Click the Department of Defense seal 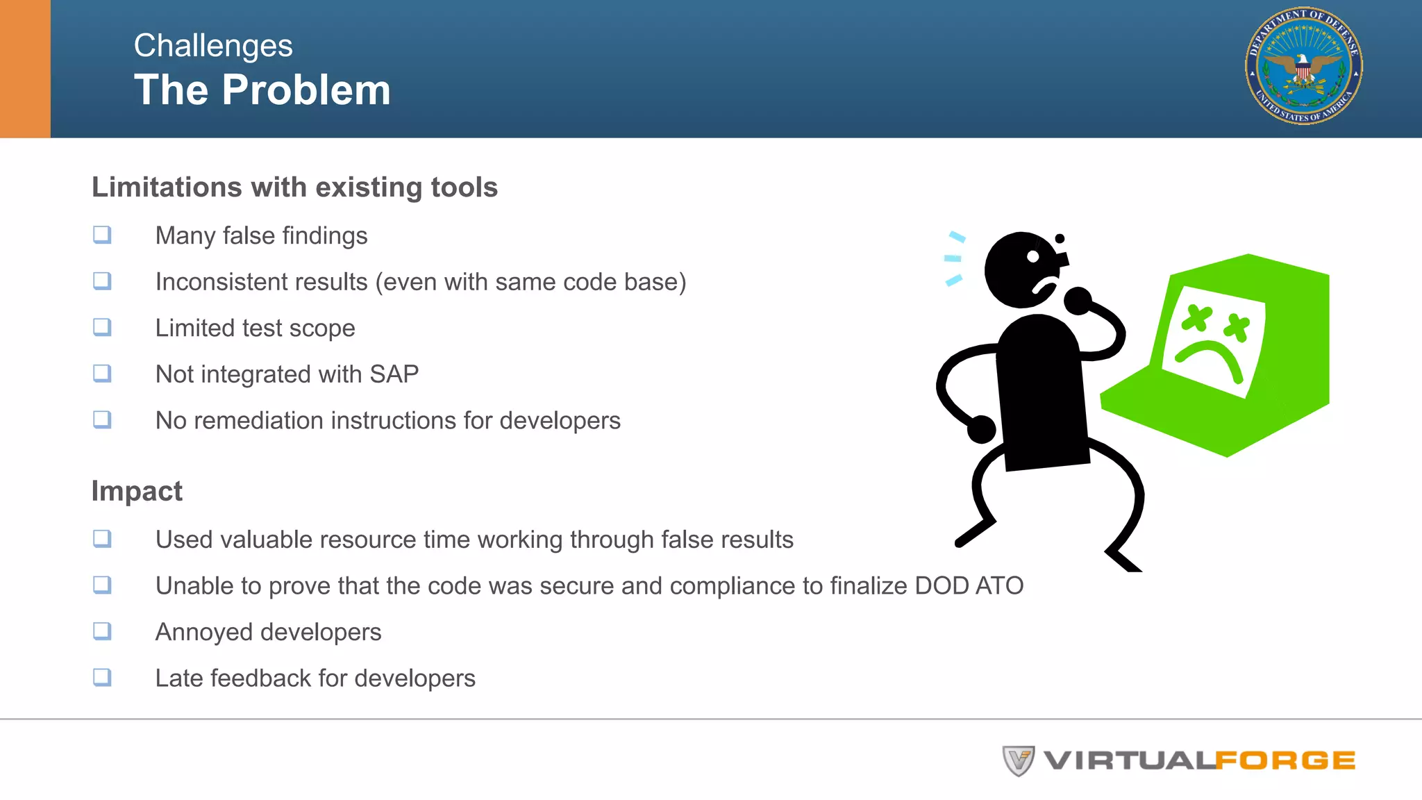1303,67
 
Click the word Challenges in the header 213,46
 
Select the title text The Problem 262,90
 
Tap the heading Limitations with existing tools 294,187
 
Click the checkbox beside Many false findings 102,235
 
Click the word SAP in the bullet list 394,374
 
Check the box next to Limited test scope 102,327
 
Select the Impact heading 137,491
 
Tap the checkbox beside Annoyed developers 102,631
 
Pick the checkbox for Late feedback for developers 102,677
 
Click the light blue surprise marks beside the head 954,258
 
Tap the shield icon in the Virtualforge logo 1018,760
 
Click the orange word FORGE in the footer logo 1285,761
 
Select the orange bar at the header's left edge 25,69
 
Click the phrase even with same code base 530,282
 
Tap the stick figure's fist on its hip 981,429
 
